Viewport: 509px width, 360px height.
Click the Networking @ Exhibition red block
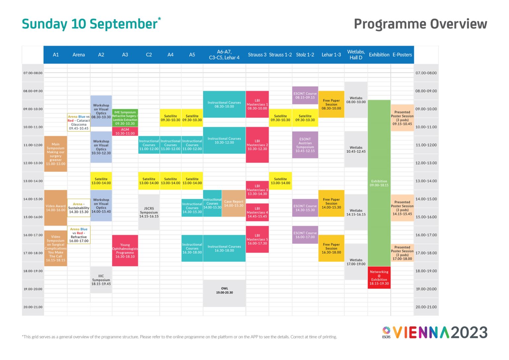point(379,278)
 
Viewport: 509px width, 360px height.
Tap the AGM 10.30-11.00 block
point(125,132)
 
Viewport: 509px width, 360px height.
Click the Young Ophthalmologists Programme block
point(125,251)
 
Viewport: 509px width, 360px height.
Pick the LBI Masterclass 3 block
point(257,190)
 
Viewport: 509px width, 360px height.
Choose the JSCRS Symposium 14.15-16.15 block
point(149,212)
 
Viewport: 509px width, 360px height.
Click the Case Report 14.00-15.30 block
point(234,204)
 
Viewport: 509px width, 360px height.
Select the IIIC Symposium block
point(101,280)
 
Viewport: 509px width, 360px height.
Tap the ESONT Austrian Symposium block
point(305,145)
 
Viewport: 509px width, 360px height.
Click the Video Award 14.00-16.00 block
point(56,208)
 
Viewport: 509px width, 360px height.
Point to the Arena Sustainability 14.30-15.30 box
point(79,208)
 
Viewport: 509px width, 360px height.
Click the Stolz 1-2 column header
point(305,55)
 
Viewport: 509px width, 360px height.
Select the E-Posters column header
point(402,55)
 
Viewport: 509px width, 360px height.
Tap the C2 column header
point(149,55)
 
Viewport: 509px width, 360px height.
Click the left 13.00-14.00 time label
point(33,181)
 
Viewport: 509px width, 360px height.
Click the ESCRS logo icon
point(386,331)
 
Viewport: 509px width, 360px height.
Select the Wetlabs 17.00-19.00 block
point(356,262)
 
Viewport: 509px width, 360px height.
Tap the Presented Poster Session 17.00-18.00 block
point(402,253)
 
